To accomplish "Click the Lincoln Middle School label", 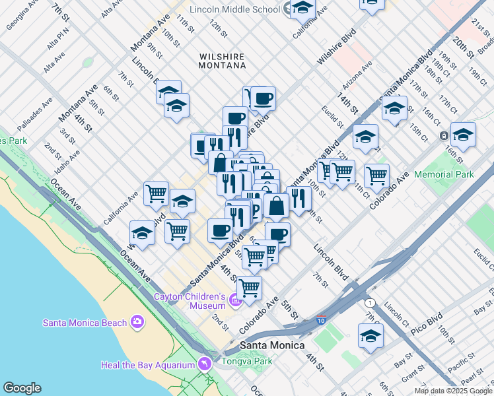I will coord(234,9).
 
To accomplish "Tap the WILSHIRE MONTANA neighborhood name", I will coord(223,61).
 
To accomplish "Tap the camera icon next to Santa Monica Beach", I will coord(137,322).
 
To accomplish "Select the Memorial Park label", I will coord(447,175).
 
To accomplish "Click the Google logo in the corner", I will coord(21,388).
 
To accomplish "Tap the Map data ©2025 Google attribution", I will coord(453,391).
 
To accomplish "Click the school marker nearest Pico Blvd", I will coord(370,335).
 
